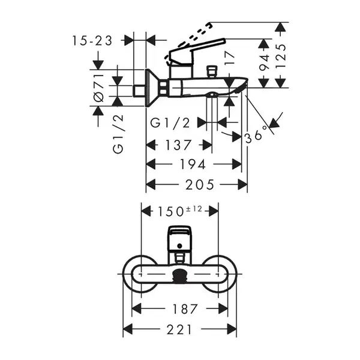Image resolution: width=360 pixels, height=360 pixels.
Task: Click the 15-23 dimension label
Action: (x=92, y=41)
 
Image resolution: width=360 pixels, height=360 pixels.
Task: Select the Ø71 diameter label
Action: (x=99, y=88)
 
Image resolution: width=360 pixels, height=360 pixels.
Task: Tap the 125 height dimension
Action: (x=281, y=56)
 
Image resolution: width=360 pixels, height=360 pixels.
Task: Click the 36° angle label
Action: (x=256, y=134)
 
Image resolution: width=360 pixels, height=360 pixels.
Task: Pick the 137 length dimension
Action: (x=178, y=145)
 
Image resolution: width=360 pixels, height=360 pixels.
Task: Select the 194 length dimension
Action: (x=193, y=164)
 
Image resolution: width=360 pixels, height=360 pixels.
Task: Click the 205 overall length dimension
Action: (x=200, y=185)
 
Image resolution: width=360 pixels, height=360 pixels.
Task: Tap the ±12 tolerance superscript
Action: (x=194, y=209)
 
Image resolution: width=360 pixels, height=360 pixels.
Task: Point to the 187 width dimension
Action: (x=185, y=309)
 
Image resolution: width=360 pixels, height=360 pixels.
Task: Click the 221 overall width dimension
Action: (x=179, y=329)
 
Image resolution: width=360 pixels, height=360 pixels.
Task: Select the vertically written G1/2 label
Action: (x=118, y=134)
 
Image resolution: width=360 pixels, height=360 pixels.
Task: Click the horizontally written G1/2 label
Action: (x=170, y=123)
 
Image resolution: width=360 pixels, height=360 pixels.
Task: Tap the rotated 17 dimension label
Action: (x=230, y=58)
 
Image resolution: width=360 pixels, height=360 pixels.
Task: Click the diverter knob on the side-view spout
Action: (x=212, y=71)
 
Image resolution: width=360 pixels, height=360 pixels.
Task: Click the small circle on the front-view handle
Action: (x=179, y=246)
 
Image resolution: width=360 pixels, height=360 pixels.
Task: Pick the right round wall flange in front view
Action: (x=218, y=274)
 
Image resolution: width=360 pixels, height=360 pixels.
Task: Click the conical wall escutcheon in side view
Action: (x=152, y=88)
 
